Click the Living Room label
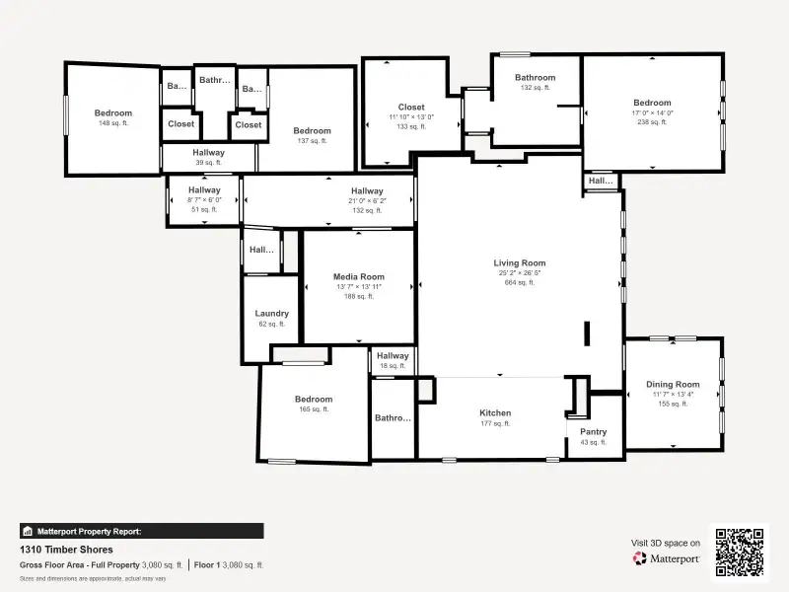click(519, 263)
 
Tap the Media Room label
click(358, 277)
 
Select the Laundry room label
click(271, 314)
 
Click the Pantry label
click(593, 432)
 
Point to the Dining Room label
click(673, 385)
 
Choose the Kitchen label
click(495, 413)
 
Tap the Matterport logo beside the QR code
click(667, 558)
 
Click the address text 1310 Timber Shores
click(66, 550)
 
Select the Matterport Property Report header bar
click(141, 531)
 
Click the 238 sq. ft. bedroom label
click(652, 103)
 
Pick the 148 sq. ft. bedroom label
click(112, 113)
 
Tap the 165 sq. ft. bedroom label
click(313, 400)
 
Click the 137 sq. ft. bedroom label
click(312, 131)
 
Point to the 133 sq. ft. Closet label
click(411, 108)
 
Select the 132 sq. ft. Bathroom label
click(536, 78)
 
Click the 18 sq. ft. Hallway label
click(392, 356)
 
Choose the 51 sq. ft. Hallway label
click(204, 190)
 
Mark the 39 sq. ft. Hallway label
click(208, 153)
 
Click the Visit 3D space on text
click(666, 543)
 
